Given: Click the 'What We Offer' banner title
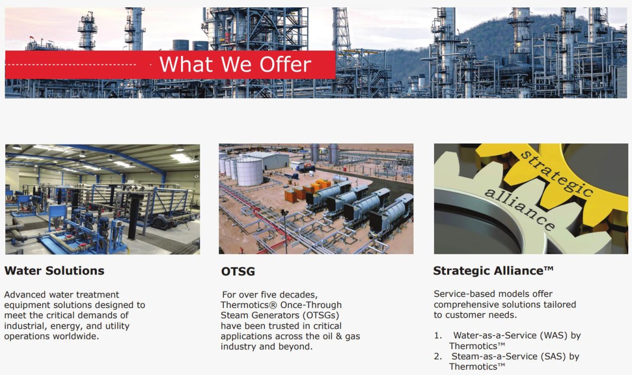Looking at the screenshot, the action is pyautogui.click(x=235, y=64).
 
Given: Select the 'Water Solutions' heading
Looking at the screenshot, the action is pyautogui.click(x=54, y=271).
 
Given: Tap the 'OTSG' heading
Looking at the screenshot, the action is pyautogui.click(x=238, y=272).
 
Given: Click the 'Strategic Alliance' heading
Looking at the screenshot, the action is pyautogui.click(x=493, y=271).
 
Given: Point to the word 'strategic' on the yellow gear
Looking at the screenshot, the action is pyautogui.click(x=556, y=173).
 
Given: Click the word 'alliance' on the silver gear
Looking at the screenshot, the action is pyautogui.click(x=520, y=209).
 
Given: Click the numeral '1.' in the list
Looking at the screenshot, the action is pyautogui.click(x=438, y=335).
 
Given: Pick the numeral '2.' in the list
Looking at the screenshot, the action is pyautogui.click(x=438, y=357).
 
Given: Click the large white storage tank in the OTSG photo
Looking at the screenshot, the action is pyautogui.click(x=249, y=171).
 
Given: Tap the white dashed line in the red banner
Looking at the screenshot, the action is pyautogui.click(x=71, y=64).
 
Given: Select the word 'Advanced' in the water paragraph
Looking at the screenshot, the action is pyautogui.click(x=25, y=295).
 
